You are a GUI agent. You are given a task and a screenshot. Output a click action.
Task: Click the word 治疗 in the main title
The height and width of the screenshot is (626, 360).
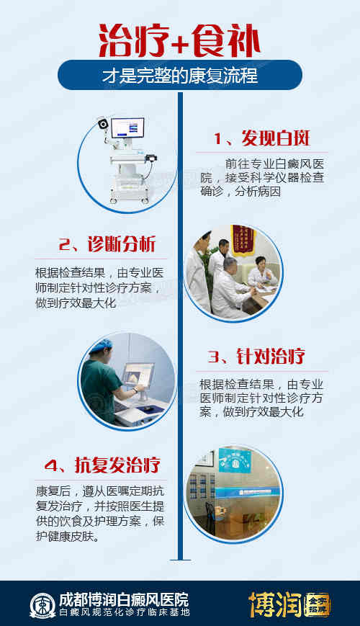click(133, 41)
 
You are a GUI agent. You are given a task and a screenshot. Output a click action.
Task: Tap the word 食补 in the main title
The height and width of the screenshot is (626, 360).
click(226, 41)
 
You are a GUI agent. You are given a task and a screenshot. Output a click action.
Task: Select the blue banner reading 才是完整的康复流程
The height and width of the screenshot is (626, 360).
click(180, 75)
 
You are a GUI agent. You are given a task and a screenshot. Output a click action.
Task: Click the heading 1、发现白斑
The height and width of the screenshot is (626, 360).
click(262, 138)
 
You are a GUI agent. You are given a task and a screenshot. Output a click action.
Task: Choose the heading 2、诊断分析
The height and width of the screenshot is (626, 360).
click(107, 245)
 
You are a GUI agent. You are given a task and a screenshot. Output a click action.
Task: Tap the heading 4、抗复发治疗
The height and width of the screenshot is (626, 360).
click(102, 465)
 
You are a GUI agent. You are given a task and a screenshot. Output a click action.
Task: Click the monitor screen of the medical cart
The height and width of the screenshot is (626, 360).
click(127, 128)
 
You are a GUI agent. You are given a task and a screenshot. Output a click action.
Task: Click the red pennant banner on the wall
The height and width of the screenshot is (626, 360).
click(243, 240)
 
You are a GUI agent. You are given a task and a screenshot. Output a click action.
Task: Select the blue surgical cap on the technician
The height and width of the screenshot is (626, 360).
click(101, 345)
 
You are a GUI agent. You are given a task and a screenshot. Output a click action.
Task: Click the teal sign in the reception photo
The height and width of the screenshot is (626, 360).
click(235, 460)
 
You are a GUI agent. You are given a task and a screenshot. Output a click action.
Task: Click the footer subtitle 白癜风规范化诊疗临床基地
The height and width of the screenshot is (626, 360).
click(124, 612)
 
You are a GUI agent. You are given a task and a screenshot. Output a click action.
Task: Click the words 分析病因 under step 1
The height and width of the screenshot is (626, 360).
click(258, 191)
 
